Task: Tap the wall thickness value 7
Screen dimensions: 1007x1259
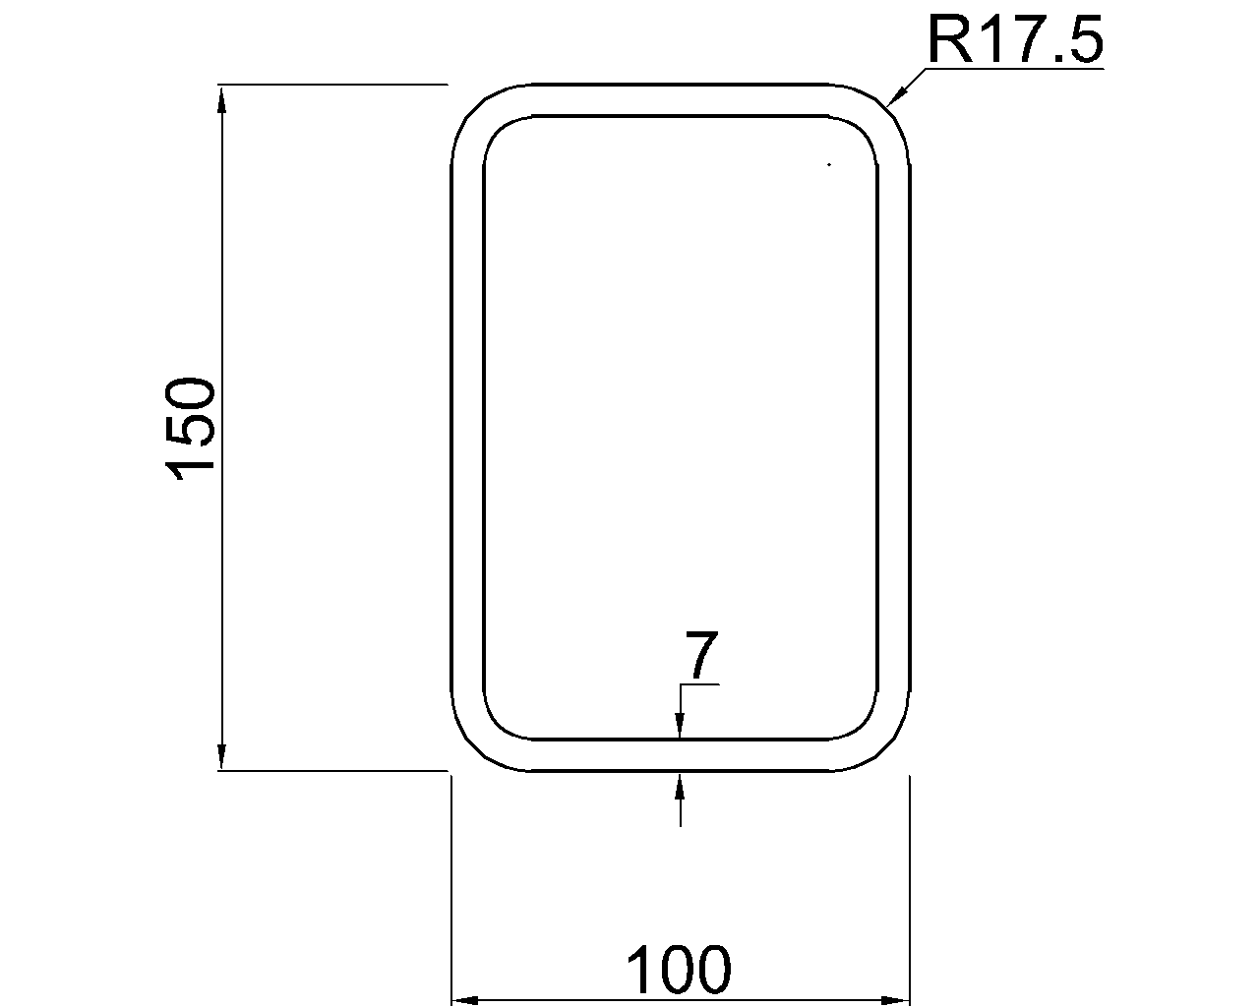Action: (699, 656)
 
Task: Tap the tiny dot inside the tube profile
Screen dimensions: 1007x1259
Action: (829, 164)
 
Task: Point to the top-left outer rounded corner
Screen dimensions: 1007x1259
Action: (470, 104)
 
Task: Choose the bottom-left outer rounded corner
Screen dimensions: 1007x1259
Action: (470, 752)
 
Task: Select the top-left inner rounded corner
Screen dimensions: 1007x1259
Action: (495, 128)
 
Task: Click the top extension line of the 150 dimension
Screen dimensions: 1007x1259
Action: (334, 85)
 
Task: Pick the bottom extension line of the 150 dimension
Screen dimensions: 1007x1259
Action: (334, 772)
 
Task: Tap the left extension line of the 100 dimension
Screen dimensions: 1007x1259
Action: (450, 885)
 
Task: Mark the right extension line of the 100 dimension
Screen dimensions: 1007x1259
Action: (909, 885)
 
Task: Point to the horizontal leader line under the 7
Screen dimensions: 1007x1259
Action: (700, 683)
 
